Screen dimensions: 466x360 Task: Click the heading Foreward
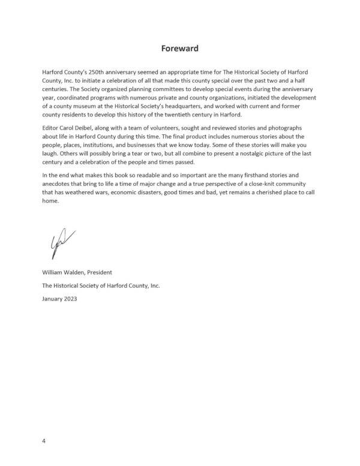point(180,47)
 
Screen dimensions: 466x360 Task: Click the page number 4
point(44,441)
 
